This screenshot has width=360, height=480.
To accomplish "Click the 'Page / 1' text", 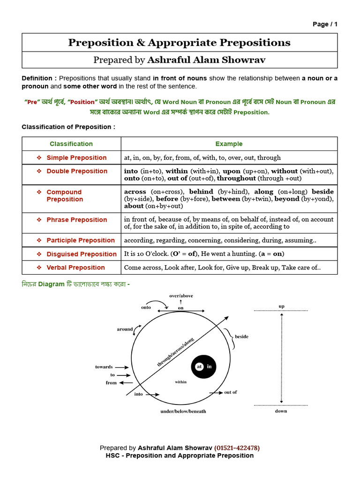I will (x=325, y=24).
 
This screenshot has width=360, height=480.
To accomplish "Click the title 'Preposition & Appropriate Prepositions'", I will (x=180, y=43).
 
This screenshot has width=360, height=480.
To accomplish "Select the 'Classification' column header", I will (x=71, y=144).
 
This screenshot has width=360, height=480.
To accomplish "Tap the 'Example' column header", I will (x=229, y=144).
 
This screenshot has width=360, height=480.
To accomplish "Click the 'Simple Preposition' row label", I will (x=76, y=157).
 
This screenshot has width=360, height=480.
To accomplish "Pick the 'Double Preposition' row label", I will (x=77, y=171).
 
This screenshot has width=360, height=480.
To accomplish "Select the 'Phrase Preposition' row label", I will (x=77, y=220).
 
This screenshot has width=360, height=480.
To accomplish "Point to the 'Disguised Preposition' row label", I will (x=82, y=254).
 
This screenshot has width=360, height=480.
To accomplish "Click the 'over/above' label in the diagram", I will (x=181, y=296).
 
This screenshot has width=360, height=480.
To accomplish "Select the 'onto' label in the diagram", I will (x=146, y=307).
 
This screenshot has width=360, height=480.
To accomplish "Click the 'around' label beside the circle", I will (x=125, y=329).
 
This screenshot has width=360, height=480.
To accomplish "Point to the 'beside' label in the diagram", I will (x=241, y=337).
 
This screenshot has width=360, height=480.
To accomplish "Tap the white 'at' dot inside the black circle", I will (x=199, y=367).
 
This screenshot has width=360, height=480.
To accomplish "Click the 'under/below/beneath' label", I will (x=183, y=411).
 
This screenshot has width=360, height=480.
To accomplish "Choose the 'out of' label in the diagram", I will (x=231, y=392).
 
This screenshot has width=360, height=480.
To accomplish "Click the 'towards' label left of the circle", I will (x=104, y=367).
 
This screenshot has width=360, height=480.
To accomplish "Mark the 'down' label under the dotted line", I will (x=281, y=411).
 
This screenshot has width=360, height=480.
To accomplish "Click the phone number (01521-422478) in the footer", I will (x=237, y=448).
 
